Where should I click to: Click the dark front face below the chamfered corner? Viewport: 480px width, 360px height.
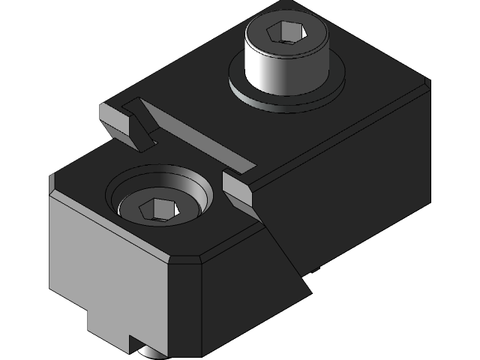[x=187, y=307]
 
